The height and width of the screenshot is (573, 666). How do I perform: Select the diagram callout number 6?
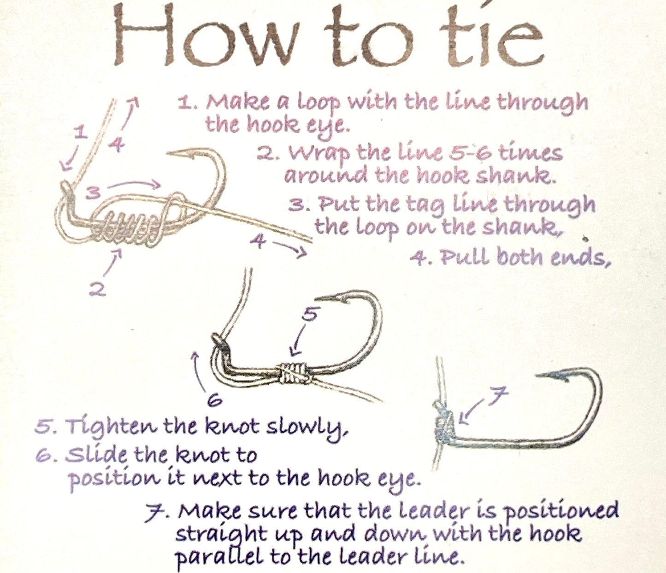pos(215,401)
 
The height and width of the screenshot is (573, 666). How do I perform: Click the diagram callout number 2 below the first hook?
pos(98,289)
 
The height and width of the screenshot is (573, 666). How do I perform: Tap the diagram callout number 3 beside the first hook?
pos(94,193)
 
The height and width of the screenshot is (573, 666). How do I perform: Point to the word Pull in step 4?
pos(466,257)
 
